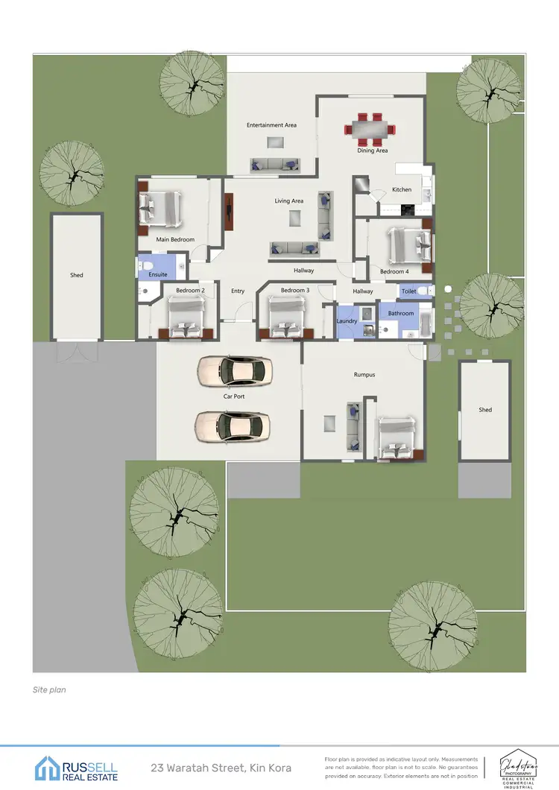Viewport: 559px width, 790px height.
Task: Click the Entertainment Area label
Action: pyautogui.click(x=271, y=125)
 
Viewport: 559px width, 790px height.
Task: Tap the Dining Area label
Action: pyautogui.click(x=372, y=151)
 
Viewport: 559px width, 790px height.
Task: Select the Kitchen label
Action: pyautogui.click(x=401, y=189)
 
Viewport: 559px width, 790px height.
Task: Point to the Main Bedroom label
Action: pyautogui.click(x=175, y=239)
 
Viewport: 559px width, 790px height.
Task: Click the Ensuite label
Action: pyautogui.click(x=158, y=274)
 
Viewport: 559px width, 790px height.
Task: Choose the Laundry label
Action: pyautogui.click(x=347, y=321)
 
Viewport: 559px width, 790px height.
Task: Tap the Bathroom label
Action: pyautogui.click(x=400, y=314)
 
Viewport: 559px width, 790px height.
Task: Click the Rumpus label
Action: pyautogui.click(x=364, y=375)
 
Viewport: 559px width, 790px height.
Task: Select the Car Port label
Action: pyautogui.click(x=234, y=396)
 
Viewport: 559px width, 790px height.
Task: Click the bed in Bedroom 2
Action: pyautogui.click(x=184, y=316)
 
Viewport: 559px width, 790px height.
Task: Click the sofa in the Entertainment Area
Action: pyautogui.click(x=275, y=165)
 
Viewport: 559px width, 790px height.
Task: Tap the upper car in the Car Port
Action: pyautogui.click(x=234, y=370)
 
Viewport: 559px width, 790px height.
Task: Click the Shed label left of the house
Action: pyautogui.click(x=76, y=275)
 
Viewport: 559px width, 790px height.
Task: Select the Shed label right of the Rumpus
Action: pyautogui.click(x=484, y=410)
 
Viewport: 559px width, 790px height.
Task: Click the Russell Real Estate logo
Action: pyautogui.click(x=76, y=768)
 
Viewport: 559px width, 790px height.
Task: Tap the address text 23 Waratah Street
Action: pyautogui.click(x=221, y=768)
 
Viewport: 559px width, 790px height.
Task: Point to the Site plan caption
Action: pyautogui.click(x=49, y=690)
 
